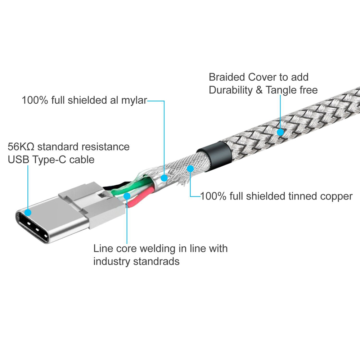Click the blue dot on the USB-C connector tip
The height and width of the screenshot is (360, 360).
click(x=28, y=212)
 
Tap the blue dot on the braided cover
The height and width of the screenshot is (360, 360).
click(x=280, y=132)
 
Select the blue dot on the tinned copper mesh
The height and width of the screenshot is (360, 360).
click(x=190, y=169)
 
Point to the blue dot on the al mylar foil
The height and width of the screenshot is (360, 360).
click(x=164, y=178)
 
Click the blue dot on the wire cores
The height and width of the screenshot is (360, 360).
click(x=127, y=196)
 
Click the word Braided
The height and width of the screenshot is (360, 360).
click(x=227, y=77)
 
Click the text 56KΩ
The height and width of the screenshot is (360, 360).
click(x=21, y=147)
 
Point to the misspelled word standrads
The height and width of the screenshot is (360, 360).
click(x=156, y=261)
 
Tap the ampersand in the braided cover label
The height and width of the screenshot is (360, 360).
click(x=259, y=90)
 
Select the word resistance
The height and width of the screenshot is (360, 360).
click(x=107, y=147)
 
